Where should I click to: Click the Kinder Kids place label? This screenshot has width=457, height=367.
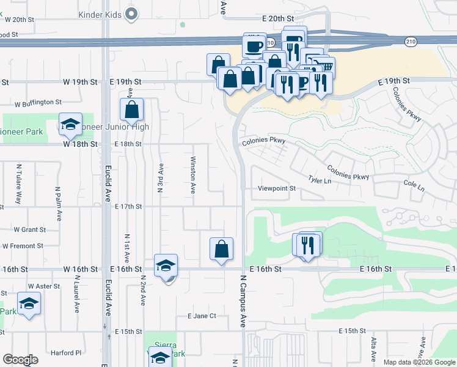click(x=100, y=13)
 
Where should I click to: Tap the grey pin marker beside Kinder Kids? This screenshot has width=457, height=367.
click(x=130, y=13)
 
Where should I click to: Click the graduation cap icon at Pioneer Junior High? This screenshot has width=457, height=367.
click(x=71, y=124)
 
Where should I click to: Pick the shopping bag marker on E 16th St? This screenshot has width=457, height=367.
click(x=221, y=249)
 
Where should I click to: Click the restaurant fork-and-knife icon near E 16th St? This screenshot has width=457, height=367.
click(x=307, y=245)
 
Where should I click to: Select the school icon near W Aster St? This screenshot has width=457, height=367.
click(x=28, y=304)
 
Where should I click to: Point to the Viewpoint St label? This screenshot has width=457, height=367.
click(x=276, y=188)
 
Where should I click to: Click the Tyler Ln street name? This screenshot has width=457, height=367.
click(x=320, y=180)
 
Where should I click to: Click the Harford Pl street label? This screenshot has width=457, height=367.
click(x=66, y=353)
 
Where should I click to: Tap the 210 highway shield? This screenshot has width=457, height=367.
click(x=410, y=41)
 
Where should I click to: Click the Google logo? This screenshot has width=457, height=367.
click(x=20, y=359)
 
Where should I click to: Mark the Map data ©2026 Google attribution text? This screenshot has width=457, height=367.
click(x=419, y=362)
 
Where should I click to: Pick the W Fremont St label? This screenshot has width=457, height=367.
click(x=22, y=246)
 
